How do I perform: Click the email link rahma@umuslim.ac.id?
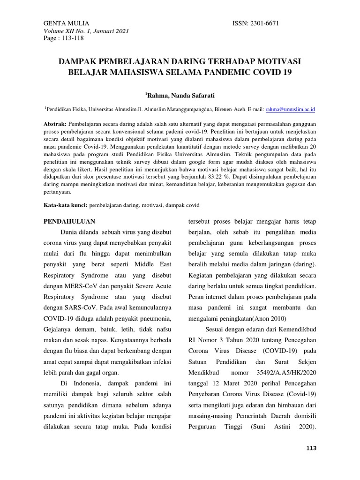[290, 109]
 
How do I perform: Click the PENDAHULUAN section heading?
[69, 221]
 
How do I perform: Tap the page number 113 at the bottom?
[310, 449]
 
